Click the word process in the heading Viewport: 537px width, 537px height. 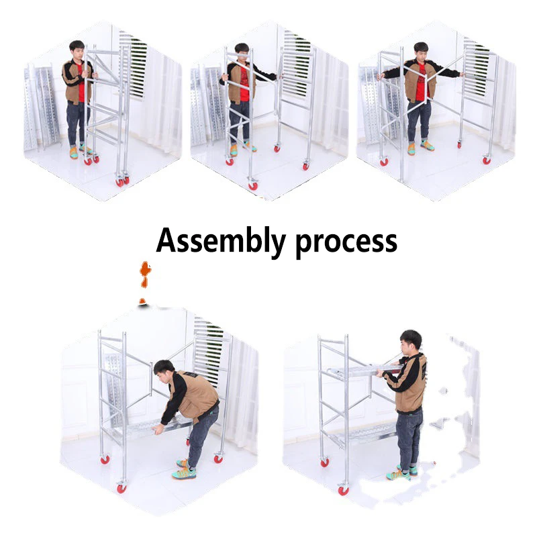point(346,242)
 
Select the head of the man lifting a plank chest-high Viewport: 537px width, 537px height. point(410,340)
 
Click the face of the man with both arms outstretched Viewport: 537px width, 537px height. point(421,52)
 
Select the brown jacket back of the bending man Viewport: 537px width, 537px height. point(195,396)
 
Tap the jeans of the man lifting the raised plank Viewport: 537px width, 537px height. point(409,436)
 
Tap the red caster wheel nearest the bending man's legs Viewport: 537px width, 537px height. point(218,458)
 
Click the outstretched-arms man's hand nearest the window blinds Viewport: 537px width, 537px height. point(462,75)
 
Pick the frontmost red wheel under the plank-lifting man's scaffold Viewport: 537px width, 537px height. point(344,491)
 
